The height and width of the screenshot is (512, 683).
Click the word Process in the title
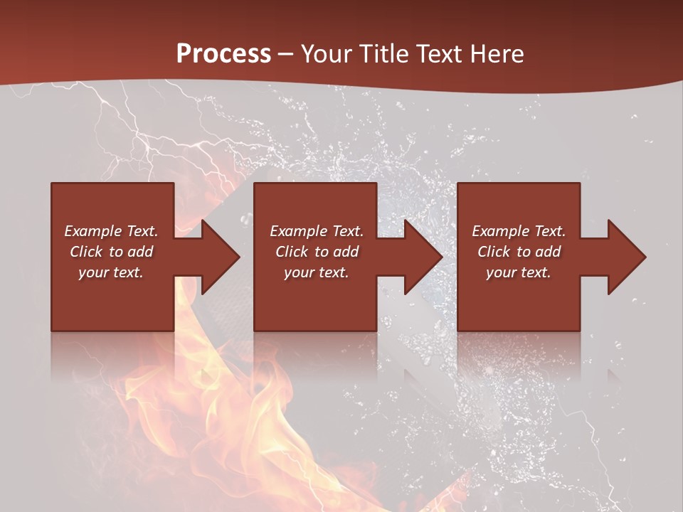click(x=223, y=54)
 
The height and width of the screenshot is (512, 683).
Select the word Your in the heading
click(x=325, y=54)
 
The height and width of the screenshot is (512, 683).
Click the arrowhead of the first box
click(x=217, y=257)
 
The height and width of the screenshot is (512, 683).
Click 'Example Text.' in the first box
click(x=111, y=231)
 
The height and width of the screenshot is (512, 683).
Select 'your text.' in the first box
click(x=111, y=272)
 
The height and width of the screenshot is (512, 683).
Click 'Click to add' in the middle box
click(x=317, y=252)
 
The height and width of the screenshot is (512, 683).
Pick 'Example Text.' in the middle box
click(x=317, y=231)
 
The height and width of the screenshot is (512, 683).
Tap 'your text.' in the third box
click(x=519, y=272)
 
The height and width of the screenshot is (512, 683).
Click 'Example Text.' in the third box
click(x=519, y=231)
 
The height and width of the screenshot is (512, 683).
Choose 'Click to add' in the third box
click(x=519, y=252)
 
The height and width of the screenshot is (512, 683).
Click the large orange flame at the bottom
click(x=213, y=427)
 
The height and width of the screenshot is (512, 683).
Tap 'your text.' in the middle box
click(x=317, y=272)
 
